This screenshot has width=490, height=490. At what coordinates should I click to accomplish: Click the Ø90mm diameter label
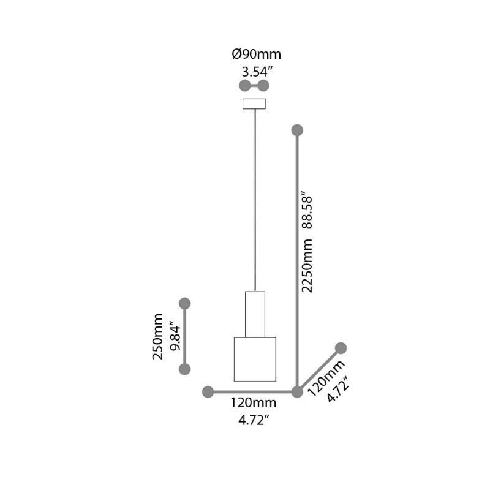point(257,55)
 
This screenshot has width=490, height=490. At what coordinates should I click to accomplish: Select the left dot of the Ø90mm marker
point(244,85)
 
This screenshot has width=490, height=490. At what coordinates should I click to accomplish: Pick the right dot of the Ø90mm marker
point(264,85)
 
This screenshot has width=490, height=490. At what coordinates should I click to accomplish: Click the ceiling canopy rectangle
point(254,104)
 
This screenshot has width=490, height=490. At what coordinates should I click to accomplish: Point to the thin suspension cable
point(254,196)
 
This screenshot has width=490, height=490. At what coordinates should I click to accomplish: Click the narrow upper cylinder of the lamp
point(254,314)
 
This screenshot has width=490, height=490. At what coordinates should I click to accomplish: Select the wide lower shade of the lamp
point(255,359)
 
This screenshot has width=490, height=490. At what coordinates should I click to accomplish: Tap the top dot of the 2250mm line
point(297,130)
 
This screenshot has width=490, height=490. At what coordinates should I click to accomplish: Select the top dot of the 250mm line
point(184,303)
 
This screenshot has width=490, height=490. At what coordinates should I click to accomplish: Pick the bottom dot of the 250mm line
point(184,369)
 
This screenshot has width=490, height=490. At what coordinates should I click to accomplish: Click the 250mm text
point(158,336)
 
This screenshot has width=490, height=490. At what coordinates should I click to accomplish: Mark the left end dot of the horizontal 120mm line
point(208,391)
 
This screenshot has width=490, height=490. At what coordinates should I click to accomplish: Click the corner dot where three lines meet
point(297,391)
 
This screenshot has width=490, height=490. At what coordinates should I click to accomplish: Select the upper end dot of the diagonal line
point(341,348)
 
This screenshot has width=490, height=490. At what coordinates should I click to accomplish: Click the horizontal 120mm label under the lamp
point(253,404)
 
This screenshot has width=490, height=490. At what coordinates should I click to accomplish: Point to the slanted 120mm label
point(324,378)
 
